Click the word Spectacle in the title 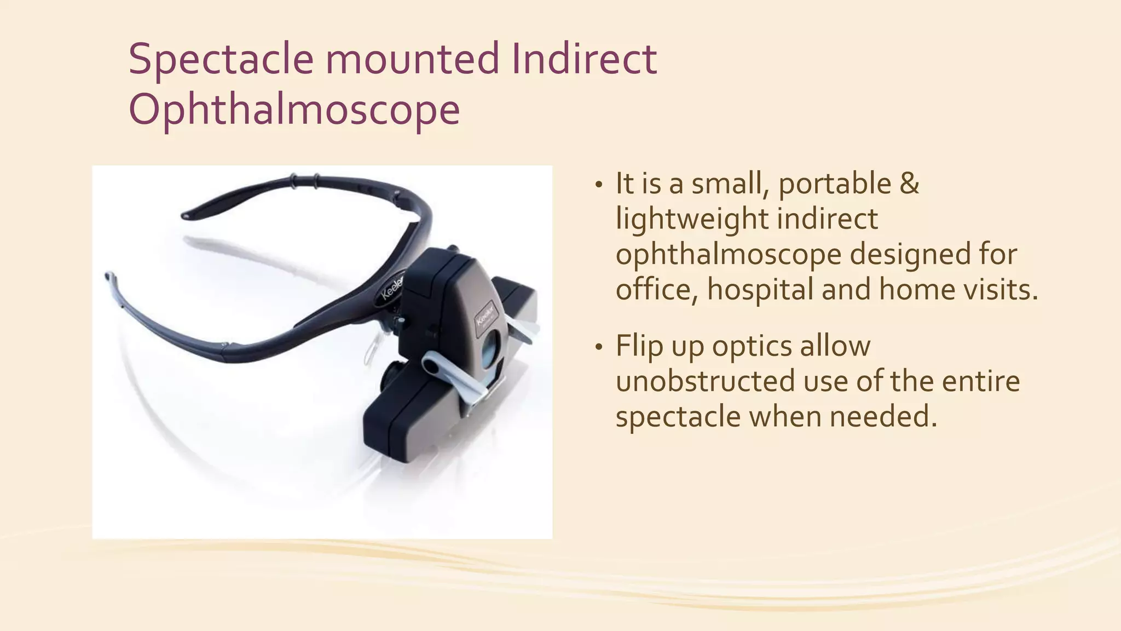pyautogui.click(x=221, y=59)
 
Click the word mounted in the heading pyautogui.click(x=412, y=59)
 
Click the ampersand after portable pyautogui.click(x=909, y=183)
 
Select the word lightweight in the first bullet pyautogui.click(x=690, y=219)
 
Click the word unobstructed pyautogui.click(x=704, y=381)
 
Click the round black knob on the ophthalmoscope pyautogui.click(x=391, y=376)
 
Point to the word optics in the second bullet pyautogui.click(x=750, y=346)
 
